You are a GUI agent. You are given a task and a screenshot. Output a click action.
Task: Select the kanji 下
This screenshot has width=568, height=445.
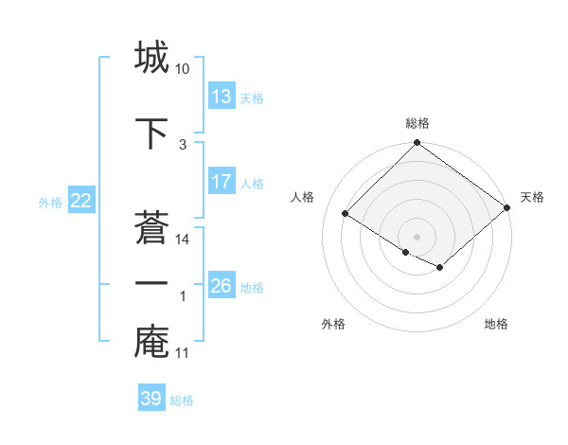tap(151, 133)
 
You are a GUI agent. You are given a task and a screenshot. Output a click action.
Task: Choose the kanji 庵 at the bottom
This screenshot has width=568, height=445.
tap(151, 342)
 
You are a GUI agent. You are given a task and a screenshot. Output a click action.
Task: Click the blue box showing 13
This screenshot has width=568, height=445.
tap(222, 97)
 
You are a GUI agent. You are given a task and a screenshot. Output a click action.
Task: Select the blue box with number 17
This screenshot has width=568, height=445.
tap(222, 182)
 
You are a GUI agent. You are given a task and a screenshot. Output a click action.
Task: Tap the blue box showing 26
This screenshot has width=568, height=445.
tap(222, 286)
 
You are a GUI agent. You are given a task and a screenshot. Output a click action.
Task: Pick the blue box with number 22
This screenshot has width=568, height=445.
tap(81, 201)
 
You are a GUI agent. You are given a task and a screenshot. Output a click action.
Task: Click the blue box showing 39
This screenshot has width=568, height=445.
tap(151, 400)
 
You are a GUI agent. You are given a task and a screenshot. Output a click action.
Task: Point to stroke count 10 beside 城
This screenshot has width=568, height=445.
tap(183, 69)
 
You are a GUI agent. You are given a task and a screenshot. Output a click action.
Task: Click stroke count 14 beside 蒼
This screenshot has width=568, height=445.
tap(183, 240)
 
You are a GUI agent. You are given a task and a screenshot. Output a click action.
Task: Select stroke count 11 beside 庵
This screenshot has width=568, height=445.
tap(183, 353)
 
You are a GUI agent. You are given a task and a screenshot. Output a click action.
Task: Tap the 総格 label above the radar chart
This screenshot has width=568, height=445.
tap(417, 123)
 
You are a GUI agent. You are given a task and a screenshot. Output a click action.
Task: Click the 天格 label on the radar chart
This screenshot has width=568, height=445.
tap(532, 197)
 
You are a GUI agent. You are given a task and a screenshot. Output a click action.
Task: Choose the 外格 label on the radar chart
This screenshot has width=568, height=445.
tap(333, 324)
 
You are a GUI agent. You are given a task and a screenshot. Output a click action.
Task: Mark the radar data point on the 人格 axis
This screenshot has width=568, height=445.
tap(346, 212)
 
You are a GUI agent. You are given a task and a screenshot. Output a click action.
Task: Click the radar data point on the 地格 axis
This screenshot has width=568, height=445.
tap(440, 268)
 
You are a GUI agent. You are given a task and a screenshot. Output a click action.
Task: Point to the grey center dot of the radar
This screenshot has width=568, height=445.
tap(417, 236)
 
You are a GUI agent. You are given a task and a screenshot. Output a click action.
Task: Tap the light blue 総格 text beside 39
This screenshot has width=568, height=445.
tap(182, 400)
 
